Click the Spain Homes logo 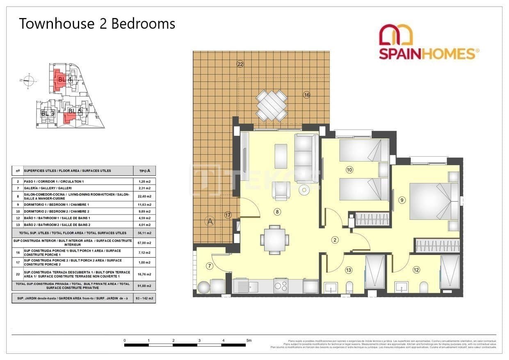point(429,42)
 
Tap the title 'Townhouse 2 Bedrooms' point(97,24)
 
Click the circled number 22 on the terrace point(240,64)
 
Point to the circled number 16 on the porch point(306,95)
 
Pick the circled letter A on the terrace point(210,221)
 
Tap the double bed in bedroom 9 point(433,201)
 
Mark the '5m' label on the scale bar point(249,340)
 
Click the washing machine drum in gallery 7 point(203,287)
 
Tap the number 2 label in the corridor point(335,240)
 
